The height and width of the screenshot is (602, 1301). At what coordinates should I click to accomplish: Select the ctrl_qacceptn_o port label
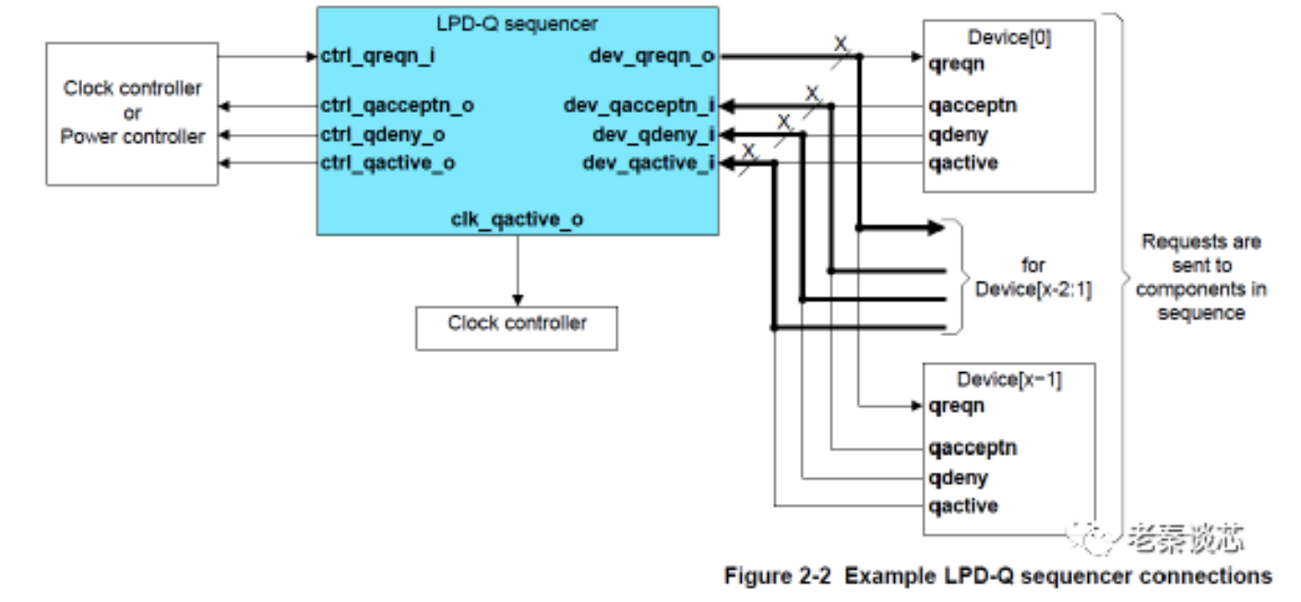pos(399,105)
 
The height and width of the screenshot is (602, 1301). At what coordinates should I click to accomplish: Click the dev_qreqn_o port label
pos(652,56)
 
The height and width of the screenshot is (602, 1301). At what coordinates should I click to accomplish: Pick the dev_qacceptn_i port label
pos(640,105)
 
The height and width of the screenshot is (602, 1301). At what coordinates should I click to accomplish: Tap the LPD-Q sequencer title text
pos(516,21)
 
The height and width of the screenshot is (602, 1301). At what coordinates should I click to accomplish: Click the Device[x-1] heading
pos(1009,378)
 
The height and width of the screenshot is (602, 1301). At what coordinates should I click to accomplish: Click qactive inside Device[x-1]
pos(964,506)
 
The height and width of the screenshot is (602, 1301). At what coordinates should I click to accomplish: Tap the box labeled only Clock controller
pos(517,324)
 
